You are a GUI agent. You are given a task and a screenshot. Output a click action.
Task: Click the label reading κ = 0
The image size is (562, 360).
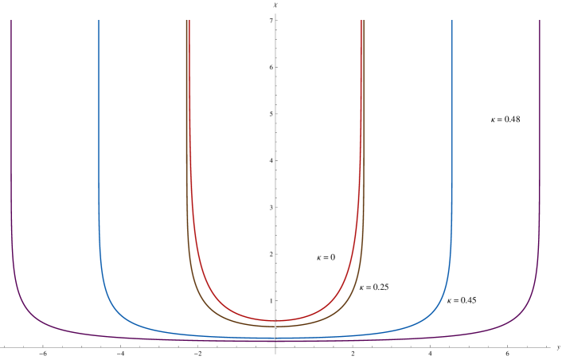[326, 257]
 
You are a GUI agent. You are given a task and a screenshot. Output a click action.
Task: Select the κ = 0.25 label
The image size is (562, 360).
[374, 287]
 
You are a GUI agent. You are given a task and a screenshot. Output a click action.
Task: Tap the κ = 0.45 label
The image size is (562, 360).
[462, 300]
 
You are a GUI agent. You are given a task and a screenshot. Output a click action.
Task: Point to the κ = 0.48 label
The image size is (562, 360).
[505, 119]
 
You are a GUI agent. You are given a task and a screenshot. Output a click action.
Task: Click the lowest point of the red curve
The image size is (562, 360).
[275, 320]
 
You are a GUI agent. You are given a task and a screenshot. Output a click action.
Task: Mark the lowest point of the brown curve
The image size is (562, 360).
[275, 326]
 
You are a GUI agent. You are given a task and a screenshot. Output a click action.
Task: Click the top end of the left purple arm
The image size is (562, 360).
[11, 22]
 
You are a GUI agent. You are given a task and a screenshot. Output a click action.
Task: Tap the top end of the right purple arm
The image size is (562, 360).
[540, 22]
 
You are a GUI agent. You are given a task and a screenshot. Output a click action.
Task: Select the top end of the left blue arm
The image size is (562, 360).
[99, 22]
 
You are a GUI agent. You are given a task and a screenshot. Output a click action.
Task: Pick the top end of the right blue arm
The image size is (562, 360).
[451, 22]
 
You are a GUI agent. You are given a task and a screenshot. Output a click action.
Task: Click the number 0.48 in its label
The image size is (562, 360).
[512, 119]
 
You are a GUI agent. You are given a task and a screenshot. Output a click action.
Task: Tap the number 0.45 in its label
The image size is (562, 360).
[468, 300]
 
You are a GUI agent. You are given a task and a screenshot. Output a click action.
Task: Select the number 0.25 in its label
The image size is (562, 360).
[381, 287]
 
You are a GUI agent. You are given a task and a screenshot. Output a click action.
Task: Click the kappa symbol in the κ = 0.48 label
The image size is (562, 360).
[494, 120]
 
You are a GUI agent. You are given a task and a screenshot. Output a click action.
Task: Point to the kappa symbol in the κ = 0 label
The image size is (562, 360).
[320, 258]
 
